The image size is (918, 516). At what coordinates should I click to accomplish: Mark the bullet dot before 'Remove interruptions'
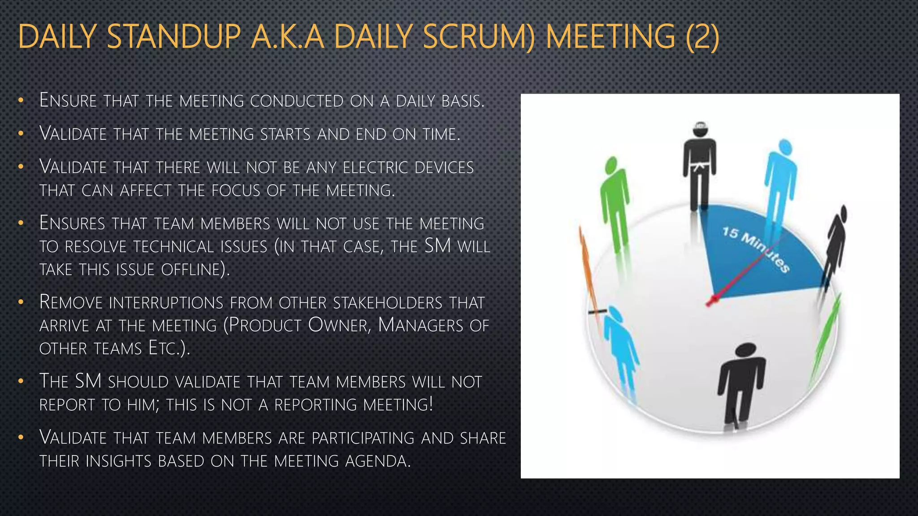tap(21, 302)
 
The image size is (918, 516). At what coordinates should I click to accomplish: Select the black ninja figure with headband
tap(699, 166)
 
